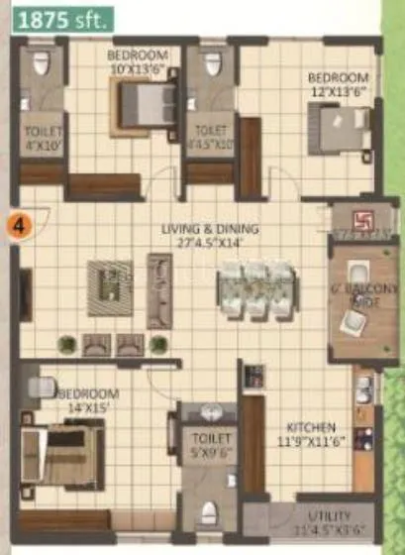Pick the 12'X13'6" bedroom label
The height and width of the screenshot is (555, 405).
pos(339,83)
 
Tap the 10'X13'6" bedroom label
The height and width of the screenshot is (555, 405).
pos(137,62)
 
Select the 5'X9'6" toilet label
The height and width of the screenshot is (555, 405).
pos(210,444)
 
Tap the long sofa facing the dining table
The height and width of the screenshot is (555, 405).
pos(158,290)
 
